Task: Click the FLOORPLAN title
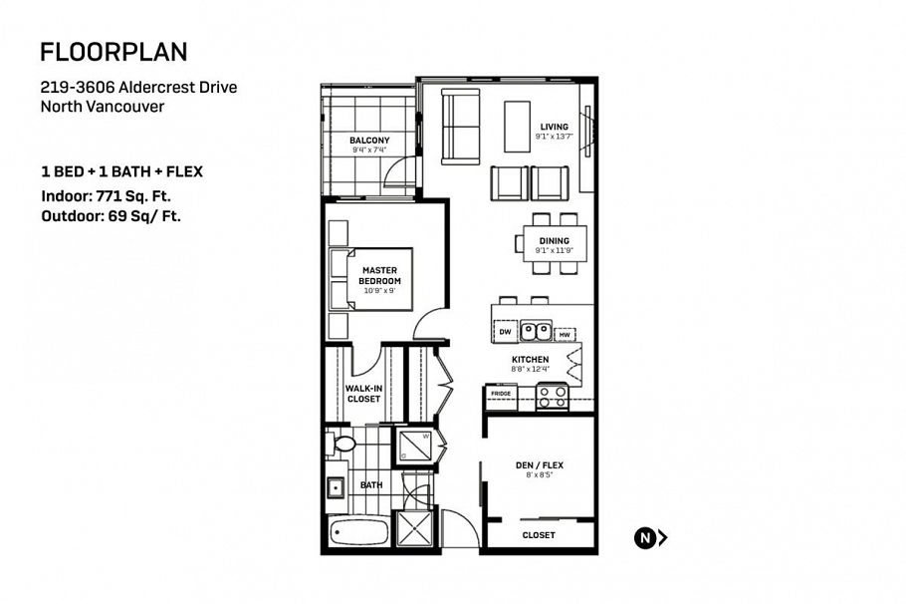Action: [x=113, y=52]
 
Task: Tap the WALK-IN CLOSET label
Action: [x=363, y=394]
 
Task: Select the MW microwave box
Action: [x=565, y=334]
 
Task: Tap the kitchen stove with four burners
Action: [x=552, y=397]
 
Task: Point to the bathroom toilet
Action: [x=342, y=444]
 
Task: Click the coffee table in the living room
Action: [x=517, y=127]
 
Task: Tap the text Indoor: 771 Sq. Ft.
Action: [x=106, y=196]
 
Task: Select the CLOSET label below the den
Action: [x=539, y=536]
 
